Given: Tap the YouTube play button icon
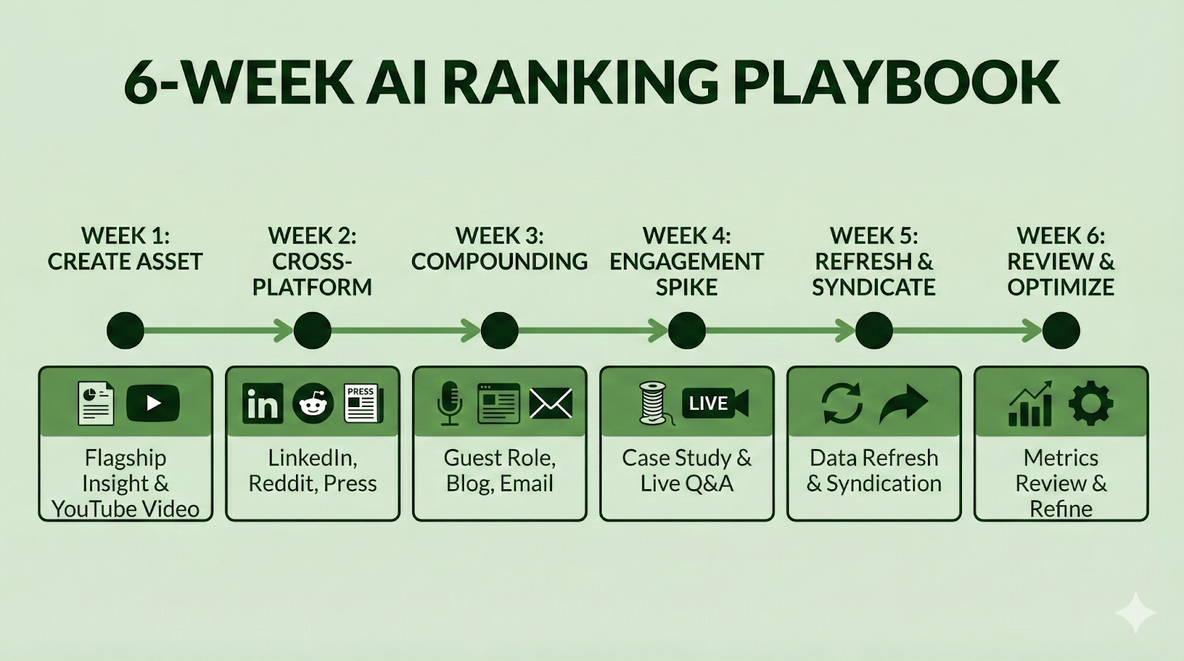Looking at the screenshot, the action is (x=153, y=403).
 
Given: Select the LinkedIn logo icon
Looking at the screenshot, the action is (x=262, y=403).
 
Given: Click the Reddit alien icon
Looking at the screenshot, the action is (x=313, y=403).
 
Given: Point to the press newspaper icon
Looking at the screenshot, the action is (x=363, y=403).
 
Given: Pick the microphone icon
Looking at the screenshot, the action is (x=450, y=404).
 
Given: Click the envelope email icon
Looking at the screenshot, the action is (x=551, y=403).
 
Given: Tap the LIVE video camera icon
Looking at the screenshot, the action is (x=715, y=403).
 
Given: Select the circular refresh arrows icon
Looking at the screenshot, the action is (x=843, y=403).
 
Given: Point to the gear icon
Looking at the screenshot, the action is (x=1091, y=404).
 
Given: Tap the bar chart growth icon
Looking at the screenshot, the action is (x=1029, y=404).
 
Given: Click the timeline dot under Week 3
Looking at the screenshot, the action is (x=499, y=330).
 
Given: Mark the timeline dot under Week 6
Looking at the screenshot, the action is (x=1061, y=330).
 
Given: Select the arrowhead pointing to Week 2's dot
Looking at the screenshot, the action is (x=283, y=330).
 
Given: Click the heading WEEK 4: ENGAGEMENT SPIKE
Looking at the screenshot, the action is (x=687, y=261).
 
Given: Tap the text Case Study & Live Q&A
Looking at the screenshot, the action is (x=687, y=471).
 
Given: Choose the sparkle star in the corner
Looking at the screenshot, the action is (x=1135, y=613).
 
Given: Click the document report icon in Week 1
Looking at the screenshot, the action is (x=95, y=403).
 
